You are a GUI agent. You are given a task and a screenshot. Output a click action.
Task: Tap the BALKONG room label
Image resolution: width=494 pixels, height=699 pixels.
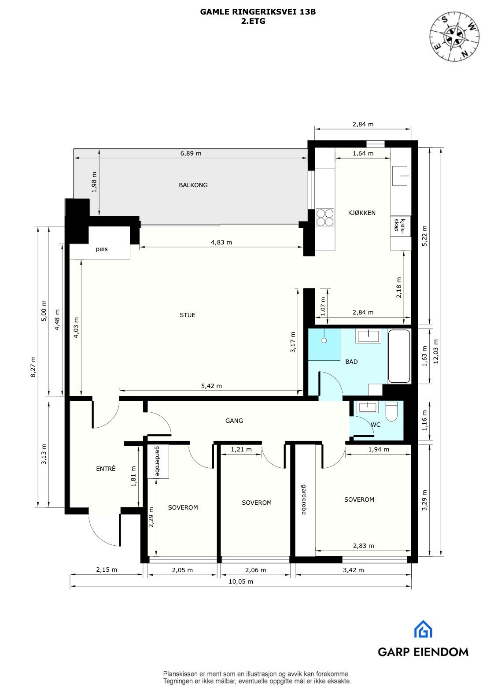[193, 185]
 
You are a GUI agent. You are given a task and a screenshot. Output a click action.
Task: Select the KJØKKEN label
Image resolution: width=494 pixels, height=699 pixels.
[361, 213]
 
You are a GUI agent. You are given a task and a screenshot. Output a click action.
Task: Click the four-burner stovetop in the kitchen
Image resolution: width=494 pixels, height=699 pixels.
[325, 217]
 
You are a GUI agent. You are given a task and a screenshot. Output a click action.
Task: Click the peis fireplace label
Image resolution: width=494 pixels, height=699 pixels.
[102, 249]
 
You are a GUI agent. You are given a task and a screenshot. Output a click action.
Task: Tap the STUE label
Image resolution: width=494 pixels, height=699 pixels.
[187, 315]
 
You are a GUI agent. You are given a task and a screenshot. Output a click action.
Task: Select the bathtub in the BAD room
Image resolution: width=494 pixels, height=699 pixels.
[399, 356]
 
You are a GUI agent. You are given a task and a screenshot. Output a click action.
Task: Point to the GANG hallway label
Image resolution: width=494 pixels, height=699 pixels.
[234, 421]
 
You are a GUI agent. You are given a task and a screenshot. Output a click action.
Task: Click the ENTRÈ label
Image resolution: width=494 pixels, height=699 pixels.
[106, 469]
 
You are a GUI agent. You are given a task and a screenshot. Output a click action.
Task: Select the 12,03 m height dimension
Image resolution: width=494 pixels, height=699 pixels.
[436, 351]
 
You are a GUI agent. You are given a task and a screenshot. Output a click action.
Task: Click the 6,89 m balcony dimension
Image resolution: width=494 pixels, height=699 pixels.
[191, 153]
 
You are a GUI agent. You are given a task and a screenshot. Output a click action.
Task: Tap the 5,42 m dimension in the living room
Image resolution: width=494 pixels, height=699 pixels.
[211, 386]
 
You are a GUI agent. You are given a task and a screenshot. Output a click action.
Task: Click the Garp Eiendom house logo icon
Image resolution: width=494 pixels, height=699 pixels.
[423, 629]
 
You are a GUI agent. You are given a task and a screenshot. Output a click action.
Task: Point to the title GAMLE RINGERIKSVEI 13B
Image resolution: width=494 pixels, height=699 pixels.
[258, 12]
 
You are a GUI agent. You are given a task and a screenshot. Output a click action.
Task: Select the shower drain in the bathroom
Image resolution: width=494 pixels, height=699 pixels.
[324, 340]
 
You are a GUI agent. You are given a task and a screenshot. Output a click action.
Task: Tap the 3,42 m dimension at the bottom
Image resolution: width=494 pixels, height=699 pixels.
[353, 570]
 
